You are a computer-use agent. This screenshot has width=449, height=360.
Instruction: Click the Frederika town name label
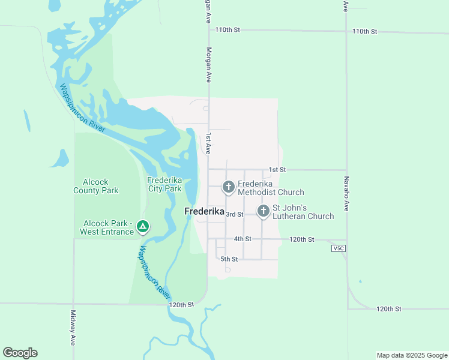coord(204,212)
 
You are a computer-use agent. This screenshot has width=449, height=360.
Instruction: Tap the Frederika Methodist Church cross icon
coord(228,188)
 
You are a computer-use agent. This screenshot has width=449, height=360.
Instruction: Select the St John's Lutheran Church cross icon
coord(263,211)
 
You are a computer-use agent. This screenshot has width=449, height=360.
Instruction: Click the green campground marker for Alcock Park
coord(142,227)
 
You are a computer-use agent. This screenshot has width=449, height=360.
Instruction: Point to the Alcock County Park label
coord(96,186)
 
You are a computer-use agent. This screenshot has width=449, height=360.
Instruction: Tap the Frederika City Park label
coord(164,184)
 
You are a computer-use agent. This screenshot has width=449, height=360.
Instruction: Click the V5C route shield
coord(337,248)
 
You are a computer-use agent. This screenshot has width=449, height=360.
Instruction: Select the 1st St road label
coord(276,170)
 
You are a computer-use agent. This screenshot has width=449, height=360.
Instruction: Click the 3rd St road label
coord(235,214)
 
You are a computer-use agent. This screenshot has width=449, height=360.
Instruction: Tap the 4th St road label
coord(243,239)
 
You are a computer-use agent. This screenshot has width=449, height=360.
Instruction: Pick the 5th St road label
coord(229,259)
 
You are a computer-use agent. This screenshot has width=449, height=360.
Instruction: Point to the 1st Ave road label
coord(209,144)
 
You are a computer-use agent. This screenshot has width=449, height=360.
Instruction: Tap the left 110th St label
coord(228,29)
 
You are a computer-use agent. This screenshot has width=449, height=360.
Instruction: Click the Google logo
coord(20,353)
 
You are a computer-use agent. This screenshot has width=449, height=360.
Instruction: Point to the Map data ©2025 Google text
coord(412,355)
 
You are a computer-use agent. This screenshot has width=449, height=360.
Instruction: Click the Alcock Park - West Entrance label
coord(107,227)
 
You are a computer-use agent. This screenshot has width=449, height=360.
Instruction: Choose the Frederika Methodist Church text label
coord(271,188)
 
